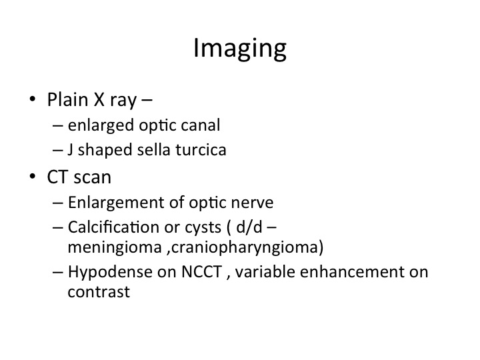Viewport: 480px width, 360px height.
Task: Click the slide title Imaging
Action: point(240,49)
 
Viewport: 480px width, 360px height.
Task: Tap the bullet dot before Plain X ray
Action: point(33,99)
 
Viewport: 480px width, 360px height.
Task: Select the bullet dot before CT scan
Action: point(33,177)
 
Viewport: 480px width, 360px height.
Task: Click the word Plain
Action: point(67,99)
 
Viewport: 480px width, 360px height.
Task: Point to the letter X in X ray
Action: point(99,100)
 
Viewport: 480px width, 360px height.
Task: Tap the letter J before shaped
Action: point(70,150)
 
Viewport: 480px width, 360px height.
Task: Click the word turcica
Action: point(201,150)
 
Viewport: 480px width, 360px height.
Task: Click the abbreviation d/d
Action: point(249,227)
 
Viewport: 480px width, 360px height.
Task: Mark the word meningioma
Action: point(115,247)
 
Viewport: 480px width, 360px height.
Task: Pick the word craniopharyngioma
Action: point(245,247)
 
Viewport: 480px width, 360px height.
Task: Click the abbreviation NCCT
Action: point(201,272)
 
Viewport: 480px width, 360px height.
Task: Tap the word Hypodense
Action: point(110,273)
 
